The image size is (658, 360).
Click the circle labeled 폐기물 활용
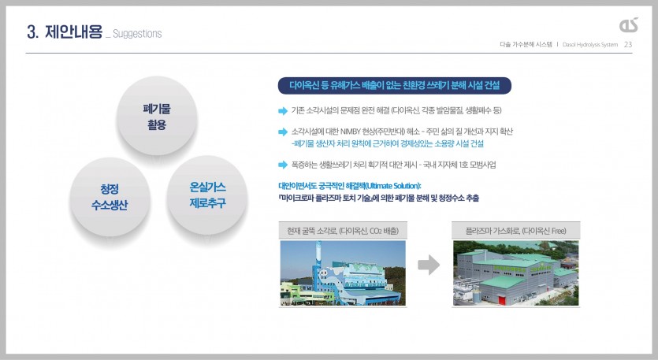[x=157, y=117]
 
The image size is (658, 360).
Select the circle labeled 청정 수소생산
[x=110, y=197]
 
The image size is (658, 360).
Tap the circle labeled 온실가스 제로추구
[x=207, y=195]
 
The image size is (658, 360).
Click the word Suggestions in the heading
[x=137, y=34]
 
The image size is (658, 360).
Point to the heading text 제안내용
[x=73, y=32]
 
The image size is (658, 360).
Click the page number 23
[x=628, y=44]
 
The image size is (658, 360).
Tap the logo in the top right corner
[x=629, y=24]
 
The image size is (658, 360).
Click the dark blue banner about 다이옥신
[x=395, y=86]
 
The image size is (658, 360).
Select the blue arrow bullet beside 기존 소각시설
[x=283, y=111]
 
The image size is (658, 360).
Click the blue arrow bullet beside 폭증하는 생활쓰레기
[x=283, y=165]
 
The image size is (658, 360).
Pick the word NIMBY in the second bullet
[x=351, y=132]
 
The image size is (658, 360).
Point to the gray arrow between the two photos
[x=429, y=265]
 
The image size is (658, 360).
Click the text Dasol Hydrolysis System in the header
[x=590, y=44]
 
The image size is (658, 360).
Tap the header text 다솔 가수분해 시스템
[x=526, y=44]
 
